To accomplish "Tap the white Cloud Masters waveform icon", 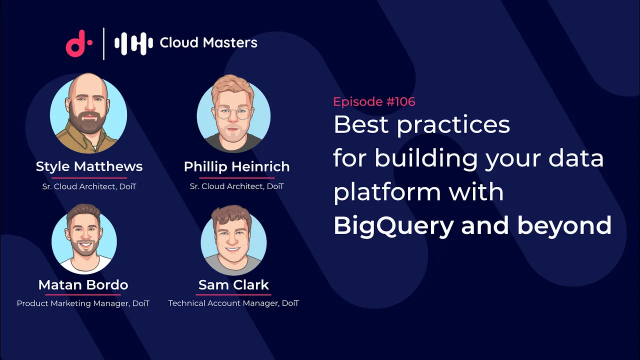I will point(133,43).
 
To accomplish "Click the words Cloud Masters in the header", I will point(208,43).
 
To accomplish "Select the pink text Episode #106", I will point(374,101).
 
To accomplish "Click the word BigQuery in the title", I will point(393,225).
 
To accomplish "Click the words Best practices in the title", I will point(421,124).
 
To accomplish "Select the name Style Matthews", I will point(89,166).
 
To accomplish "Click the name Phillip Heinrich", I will point(236,166).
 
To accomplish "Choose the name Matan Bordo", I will point(83,285).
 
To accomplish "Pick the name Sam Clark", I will point(233,285).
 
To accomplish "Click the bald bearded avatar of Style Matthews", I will point(88,114).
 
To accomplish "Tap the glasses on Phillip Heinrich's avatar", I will point(233,113).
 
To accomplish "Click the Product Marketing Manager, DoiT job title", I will point(83,303).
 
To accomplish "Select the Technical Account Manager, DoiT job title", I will point(233,303).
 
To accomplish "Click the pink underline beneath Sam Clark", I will point(233,294).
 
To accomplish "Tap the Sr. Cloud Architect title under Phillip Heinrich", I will point(236,186).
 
